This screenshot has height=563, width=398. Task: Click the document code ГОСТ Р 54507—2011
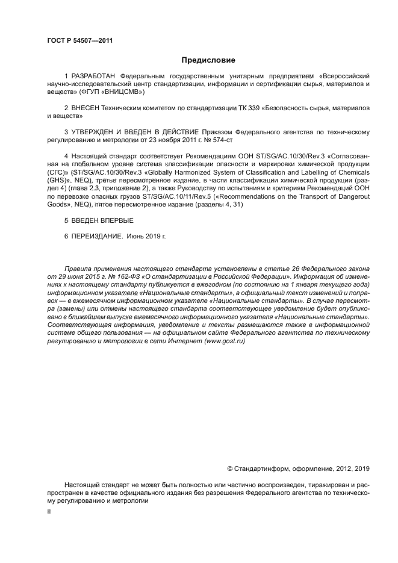[x=79, y=40]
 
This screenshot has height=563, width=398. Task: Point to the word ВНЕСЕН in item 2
[x=84, y=107]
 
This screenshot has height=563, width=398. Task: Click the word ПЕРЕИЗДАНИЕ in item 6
[x=96, y=237]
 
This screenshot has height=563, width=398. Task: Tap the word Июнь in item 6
[x=137, y=237]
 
